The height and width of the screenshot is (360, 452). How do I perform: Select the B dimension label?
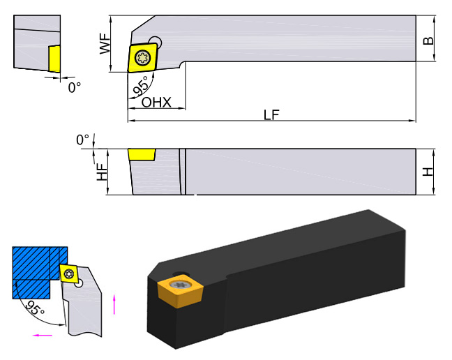(x=428, y=40)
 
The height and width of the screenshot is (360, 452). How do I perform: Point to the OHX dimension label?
(x=156, y=102)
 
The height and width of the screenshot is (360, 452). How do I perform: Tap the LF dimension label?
(x=272, y=115)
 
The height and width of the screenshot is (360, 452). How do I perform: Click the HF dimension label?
(x=103, y=172)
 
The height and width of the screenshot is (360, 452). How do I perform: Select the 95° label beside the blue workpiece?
(x=35, y=306)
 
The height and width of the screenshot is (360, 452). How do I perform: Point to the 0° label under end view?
(x=74, y=87)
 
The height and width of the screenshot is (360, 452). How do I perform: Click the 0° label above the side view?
(x=83, y=140)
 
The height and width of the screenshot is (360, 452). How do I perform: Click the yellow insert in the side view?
(x=142, y=153)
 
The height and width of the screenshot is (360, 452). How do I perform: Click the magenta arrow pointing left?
(x=43, y=335)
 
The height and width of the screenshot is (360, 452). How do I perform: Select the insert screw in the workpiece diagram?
(x=68, y=273)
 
